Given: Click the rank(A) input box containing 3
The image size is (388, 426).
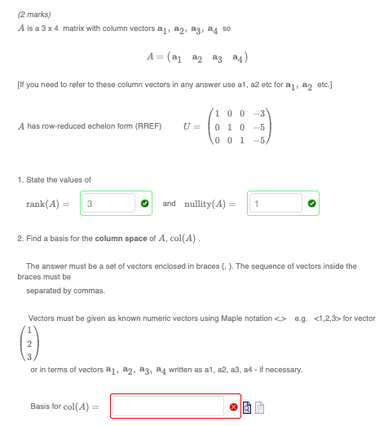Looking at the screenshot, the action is (107, 203).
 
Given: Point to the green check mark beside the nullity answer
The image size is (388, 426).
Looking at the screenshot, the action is (311, 203).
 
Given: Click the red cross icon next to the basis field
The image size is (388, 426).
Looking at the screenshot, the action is (234, 406).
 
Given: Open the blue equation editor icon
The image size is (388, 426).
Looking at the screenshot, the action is (246, 406).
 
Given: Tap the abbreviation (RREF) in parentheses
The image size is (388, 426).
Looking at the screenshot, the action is (149, 126).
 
